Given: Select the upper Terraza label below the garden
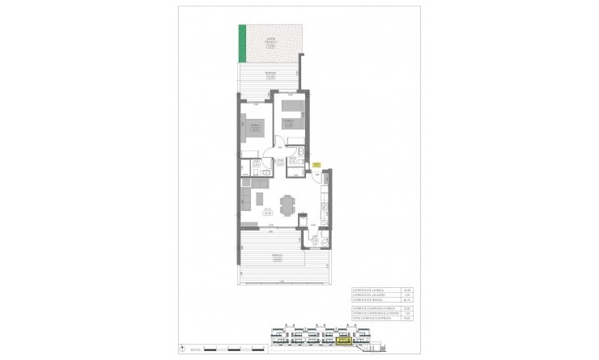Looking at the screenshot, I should pos(270,76).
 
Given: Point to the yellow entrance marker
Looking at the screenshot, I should pos(317,164).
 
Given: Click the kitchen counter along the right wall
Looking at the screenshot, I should pos(325,206).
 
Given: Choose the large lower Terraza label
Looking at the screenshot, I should pos(276,259).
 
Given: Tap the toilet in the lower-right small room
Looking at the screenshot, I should pos(324,242).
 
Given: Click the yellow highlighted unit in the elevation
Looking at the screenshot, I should pos(345,341).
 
